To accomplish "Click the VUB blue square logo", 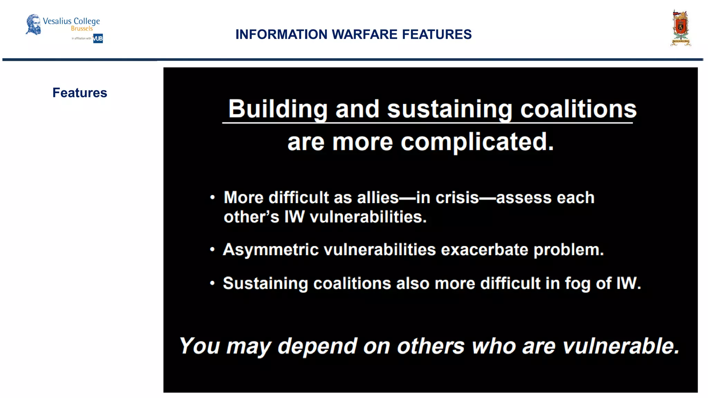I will (98, 38).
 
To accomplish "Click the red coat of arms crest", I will (680, 28).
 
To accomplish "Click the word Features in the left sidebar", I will (80, 93).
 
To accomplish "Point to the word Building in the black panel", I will (278, 109).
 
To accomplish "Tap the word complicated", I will (477, 142).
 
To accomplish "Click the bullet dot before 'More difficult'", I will (213, 198).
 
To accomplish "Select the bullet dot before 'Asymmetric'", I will (213, 249).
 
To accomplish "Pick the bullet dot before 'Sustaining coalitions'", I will (213, 283).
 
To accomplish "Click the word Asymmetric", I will (271, 250).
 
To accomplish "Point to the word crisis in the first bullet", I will (457, 198).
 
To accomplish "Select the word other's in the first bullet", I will (251, 217).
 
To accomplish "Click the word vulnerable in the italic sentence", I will (621, 346).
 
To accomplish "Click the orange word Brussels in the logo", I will (82, 29).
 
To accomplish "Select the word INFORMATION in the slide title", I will (281, 35).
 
